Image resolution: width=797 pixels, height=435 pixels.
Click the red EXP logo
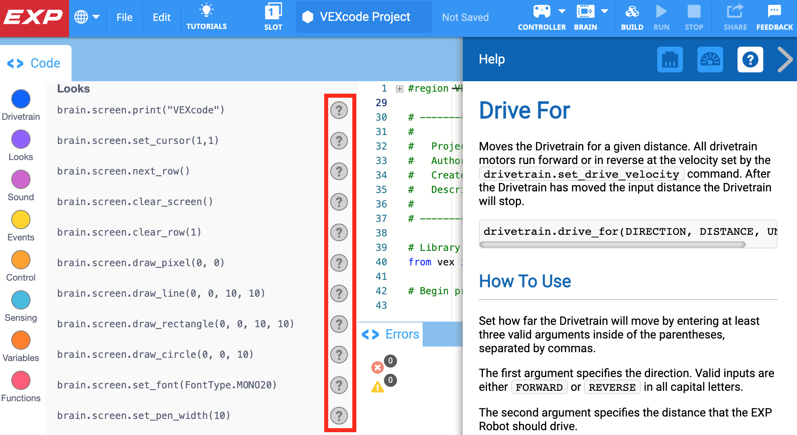point(34,17)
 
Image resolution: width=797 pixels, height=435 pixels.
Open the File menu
point(124,17)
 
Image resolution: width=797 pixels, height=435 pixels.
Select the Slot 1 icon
point(273,12)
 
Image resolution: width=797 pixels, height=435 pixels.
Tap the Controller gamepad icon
point(542,12)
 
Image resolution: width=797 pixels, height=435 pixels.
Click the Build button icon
point(632,12)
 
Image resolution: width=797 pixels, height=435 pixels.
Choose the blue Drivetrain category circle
point(21,99)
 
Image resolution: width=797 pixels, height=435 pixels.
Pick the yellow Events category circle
point(21,220)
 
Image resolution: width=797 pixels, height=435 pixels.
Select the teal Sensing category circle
point(21,300)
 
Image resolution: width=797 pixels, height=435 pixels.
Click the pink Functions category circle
point(21,381)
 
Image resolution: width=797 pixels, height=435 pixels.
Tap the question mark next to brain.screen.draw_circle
point(339,355)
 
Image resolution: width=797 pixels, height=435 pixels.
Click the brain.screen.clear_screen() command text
point(135,202)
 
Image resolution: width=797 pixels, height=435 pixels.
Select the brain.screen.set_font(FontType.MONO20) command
point(167,385)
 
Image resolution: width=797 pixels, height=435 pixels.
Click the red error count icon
point(377,367)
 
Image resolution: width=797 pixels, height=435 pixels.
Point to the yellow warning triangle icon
point(377,387)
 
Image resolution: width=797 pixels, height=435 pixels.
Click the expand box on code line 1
point(399,89)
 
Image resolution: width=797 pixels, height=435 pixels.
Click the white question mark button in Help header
point(750,60)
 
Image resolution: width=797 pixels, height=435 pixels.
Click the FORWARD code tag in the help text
point(539,387)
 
